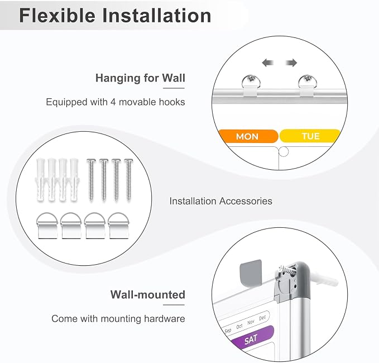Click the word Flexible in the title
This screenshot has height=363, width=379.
click(57, 16)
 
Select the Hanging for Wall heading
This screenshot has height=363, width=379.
click(140, 78)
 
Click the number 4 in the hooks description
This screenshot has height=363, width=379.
click(113, 102)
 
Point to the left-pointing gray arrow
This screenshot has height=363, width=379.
click(268, 63)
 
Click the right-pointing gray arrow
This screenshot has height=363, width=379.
click(291, 63)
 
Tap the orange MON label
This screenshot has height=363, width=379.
click(248, 136)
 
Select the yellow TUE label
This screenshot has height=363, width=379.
click(310, 136)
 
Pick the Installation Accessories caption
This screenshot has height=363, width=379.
click(220, 201)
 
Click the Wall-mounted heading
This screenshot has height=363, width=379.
click(148, 295)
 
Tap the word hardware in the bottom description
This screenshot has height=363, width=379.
click(164, 319)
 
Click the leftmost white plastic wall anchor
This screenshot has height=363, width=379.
click(40, 180)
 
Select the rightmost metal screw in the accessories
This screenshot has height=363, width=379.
click(128, 179)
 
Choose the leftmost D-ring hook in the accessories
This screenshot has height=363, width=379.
click(47, 226)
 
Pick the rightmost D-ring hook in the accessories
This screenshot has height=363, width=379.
click(118, 226)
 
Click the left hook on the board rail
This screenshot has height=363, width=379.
click(251, 85)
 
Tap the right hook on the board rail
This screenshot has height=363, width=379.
click(307, 85)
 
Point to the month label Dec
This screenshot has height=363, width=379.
click(262, 318)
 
